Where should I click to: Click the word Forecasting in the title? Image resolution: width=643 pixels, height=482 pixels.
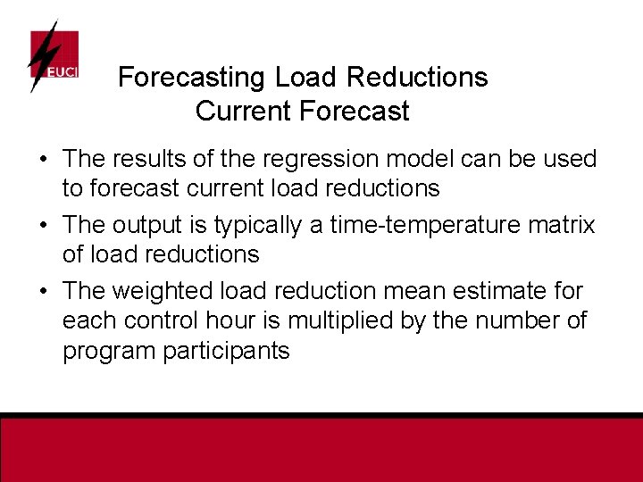click(x=192, y=78)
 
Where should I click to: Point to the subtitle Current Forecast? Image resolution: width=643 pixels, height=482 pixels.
click(x=302, y=112)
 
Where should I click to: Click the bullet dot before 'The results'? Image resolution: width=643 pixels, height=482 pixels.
click(x=43, y=160)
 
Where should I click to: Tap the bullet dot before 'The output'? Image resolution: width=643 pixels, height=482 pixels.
click(x=43, y=226)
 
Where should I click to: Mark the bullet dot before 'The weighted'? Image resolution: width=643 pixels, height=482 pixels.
click(x=43, y=292)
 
